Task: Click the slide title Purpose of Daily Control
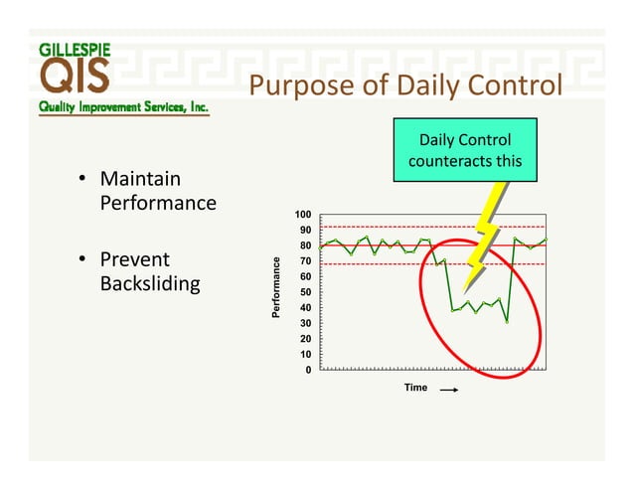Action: click(x=405, y=86)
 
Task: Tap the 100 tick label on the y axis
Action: click(x=303, y=215)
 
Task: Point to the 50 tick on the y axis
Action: click(x=306, y=292)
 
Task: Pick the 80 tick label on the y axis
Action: click(x=306, y=245)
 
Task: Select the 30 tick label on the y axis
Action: click(x=306, y=323)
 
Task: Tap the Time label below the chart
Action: click(x=415, y=388)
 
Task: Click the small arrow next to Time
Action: click(x=448, y=390)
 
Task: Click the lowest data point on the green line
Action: click(x=507, y=322)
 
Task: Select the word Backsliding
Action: click(x=150, y=284)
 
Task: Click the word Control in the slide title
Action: click(x=517, y=86)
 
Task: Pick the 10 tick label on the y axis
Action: click(x=306, y=354)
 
